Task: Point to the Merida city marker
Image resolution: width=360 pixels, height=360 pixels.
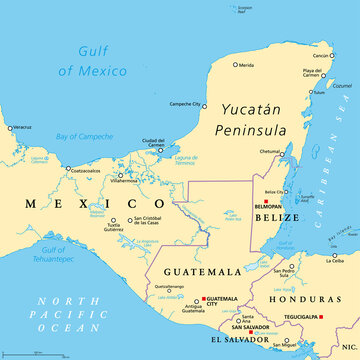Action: tap(236, 65)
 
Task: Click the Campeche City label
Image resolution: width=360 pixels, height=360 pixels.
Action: tap(185, 104)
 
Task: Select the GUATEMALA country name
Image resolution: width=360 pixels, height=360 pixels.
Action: tap(205, 271)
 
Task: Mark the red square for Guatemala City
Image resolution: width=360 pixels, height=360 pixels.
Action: tap(203, 298)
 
